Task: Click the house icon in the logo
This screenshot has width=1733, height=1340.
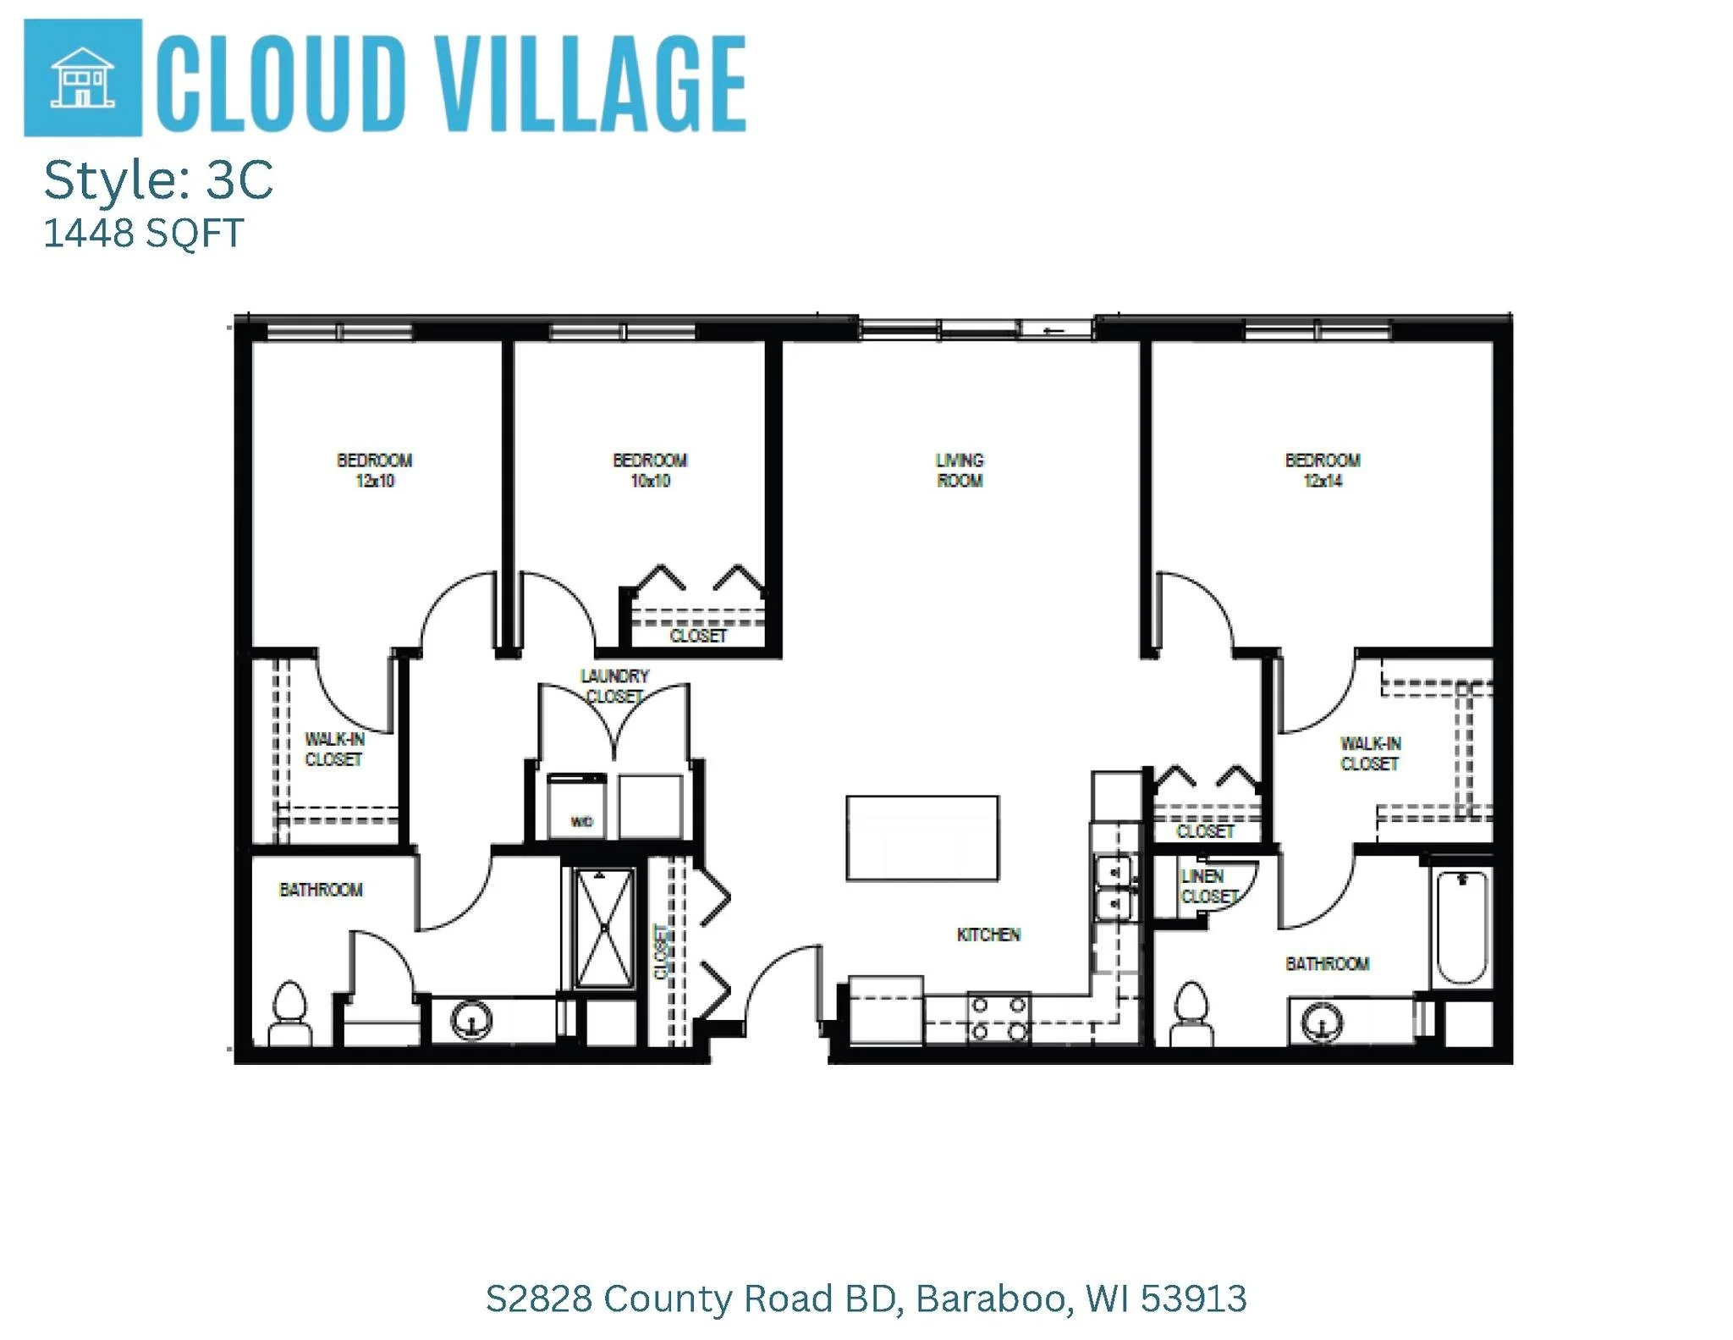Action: coord(82,78)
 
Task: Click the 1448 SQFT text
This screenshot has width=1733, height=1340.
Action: coord(143,233)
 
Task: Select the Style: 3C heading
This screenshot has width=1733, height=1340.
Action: coord(158,179)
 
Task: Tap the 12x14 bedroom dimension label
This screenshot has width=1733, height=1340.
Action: coord(1323,481)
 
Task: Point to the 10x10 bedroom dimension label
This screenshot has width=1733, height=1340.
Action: coord(650,481)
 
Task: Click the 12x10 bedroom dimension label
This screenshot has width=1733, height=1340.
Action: coord(374,481)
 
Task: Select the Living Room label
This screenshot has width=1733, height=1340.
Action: coord(960,471)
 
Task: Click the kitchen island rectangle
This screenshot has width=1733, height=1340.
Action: coord(922,838)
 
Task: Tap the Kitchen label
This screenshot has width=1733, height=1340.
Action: coord(988,935)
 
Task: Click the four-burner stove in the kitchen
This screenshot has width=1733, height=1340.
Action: coord(999,1017)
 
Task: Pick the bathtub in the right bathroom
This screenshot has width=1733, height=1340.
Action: coord(1461,927)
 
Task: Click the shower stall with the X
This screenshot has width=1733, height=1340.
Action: coord(604,929)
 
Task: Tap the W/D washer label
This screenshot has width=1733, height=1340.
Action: coord(581,821)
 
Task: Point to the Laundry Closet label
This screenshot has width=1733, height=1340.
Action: coord(614,686)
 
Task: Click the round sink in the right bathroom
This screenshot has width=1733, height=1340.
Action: coord(1321,1021)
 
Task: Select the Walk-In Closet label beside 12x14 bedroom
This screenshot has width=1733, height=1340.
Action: coord(1370,753)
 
